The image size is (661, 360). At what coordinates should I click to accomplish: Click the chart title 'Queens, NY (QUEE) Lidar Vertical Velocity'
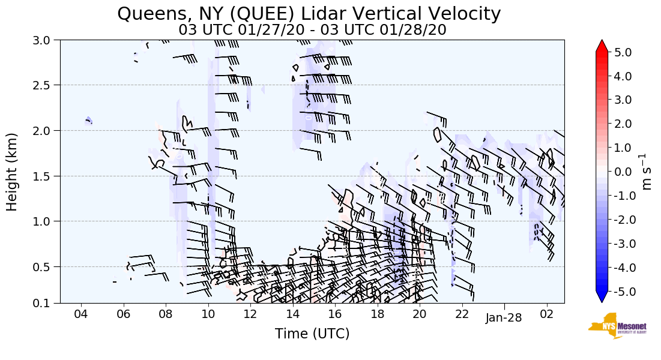[x=309, y=14]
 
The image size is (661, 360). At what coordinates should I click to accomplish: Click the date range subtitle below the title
[x=312, y=30]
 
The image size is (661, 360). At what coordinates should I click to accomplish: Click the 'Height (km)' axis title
[x=12, y=172]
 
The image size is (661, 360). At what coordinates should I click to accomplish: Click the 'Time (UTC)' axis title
[x=312, y=334]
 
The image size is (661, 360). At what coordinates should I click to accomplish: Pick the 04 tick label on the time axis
[x=81, y=315]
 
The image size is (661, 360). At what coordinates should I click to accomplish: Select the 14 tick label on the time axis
[x=292, y=315]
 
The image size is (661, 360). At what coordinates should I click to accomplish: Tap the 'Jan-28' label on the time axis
[x=504, y=317]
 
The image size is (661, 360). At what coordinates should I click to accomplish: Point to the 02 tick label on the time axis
[x=546, y=315]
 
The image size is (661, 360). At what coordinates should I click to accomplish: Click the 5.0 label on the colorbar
[x=623, y=52]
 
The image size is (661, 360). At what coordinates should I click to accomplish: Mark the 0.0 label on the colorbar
[x=623, y=172]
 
